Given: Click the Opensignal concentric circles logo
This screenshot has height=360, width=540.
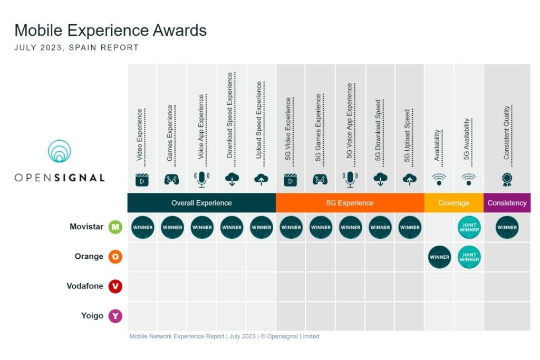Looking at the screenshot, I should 59,151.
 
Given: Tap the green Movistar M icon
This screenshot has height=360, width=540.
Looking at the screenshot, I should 115,227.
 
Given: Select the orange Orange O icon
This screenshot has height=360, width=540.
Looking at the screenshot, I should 115,257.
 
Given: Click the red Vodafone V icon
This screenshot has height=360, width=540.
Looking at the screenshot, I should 115,286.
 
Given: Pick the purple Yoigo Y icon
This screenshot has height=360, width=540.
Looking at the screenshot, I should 115,316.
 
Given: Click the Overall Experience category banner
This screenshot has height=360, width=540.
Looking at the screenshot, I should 201,203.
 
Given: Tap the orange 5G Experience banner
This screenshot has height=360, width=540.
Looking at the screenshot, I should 350,203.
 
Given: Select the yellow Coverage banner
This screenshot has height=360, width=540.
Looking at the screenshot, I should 454,203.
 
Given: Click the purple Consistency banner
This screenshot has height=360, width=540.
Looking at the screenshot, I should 507,203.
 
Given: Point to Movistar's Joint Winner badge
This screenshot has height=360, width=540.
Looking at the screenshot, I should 469,228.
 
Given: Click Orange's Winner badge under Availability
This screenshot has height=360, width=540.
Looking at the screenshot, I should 439,257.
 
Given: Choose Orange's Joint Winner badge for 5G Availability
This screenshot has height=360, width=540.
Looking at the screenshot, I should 469,257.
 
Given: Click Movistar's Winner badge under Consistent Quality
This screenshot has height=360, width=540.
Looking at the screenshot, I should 507,228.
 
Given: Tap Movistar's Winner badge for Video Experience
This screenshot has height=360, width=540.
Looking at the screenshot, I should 142,228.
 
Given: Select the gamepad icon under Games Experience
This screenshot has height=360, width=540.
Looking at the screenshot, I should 172,180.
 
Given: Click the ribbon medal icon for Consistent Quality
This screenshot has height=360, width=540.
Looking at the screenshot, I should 507,180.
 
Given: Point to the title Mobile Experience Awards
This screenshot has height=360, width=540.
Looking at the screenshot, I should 110,30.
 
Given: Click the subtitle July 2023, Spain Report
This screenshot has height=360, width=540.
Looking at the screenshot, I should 76,47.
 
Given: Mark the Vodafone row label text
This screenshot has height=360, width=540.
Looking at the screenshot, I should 85,286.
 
